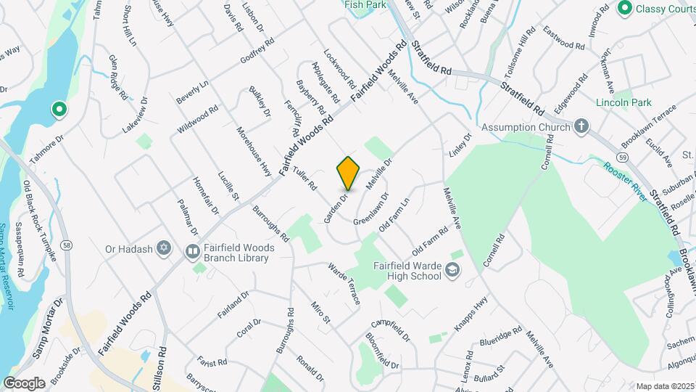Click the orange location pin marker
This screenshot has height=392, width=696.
(x=349, y=173)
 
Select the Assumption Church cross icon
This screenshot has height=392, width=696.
(x=581, y=127)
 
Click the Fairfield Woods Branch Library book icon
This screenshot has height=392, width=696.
(x=193, y=252)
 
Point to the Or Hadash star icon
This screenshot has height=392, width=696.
(x=165, y=249)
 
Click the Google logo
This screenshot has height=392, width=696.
(x=23, y=383)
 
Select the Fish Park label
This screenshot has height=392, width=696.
(x=365, y=4)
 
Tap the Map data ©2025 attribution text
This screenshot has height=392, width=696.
(x=665, y=385)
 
